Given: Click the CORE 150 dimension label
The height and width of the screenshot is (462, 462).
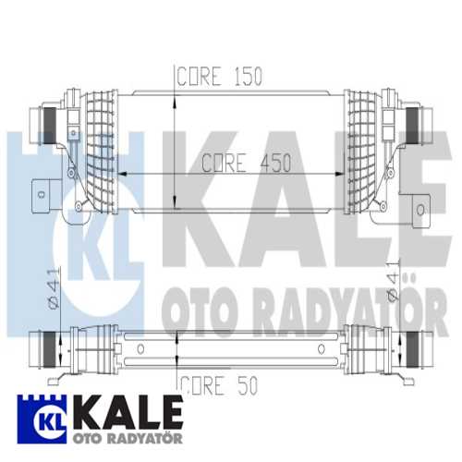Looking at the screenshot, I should [221, 77].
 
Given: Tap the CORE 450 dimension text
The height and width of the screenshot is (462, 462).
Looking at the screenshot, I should [246, 163].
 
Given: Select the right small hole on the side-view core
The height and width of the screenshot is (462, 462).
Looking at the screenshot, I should [321, 349].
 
